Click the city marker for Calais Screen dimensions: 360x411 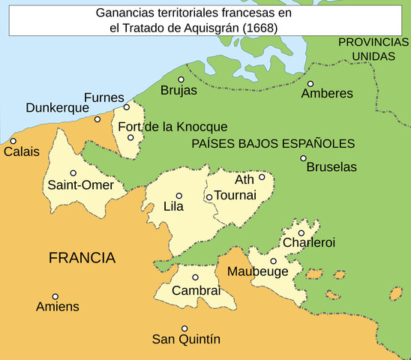click(13, 141)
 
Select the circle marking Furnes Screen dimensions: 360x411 click(127, 106)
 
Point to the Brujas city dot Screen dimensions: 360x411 click(181, 79)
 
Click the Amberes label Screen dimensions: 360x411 click(327, 94)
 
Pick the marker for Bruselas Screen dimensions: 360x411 click(303, 158)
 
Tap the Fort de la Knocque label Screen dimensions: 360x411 click(172, 127)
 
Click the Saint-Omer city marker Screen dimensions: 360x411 click(73, 172)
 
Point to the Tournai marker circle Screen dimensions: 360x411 click(209, 197)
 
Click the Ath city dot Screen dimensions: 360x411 click(262, 178)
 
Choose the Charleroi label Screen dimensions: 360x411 click(308, 243)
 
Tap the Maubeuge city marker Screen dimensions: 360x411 click(273, 261)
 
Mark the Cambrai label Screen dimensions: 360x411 click(196, 290)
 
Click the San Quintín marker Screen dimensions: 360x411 click(184, 328)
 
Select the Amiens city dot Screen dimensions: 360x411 click(55, 296)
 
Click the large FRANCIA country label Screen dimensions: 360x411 click(82, 258)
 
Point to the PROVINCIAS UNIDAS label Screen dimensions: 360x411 click(373, 49)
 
